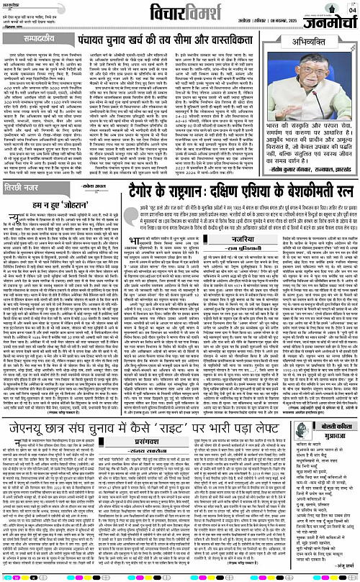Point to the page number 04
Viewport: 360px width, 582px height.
(x=351, y=9)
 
